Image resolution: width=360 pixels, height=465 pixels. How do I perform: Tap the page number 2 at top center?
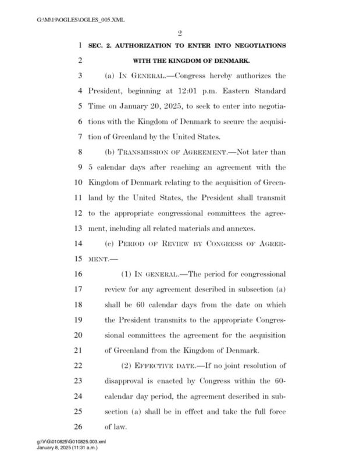pyautogui.click(x=180, y=35)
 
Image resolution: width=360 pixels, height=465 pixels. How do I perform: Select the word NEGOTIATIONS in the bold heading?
pyautogui.click(x=256, y=46)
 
